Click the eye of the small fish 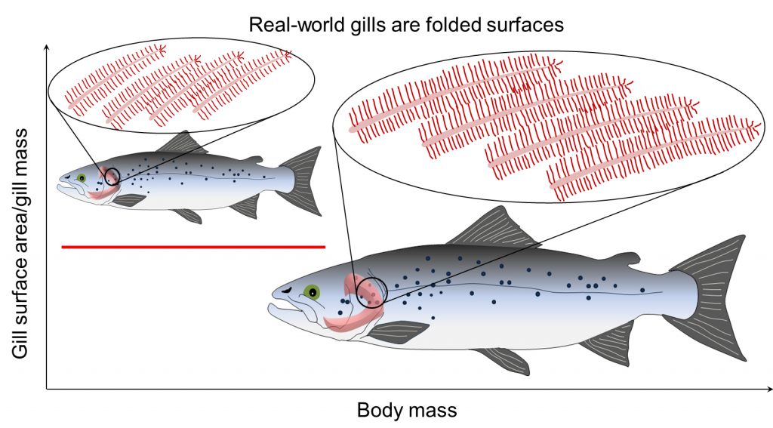81,178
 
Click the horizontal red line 192,246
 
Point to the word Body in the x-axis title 378,411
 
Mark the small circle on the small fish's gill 112,177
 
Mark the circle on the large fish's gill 371,291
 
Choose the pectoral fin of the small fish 130,199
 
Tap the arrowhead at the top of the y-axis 48,48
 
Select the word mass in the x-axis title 435,411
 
